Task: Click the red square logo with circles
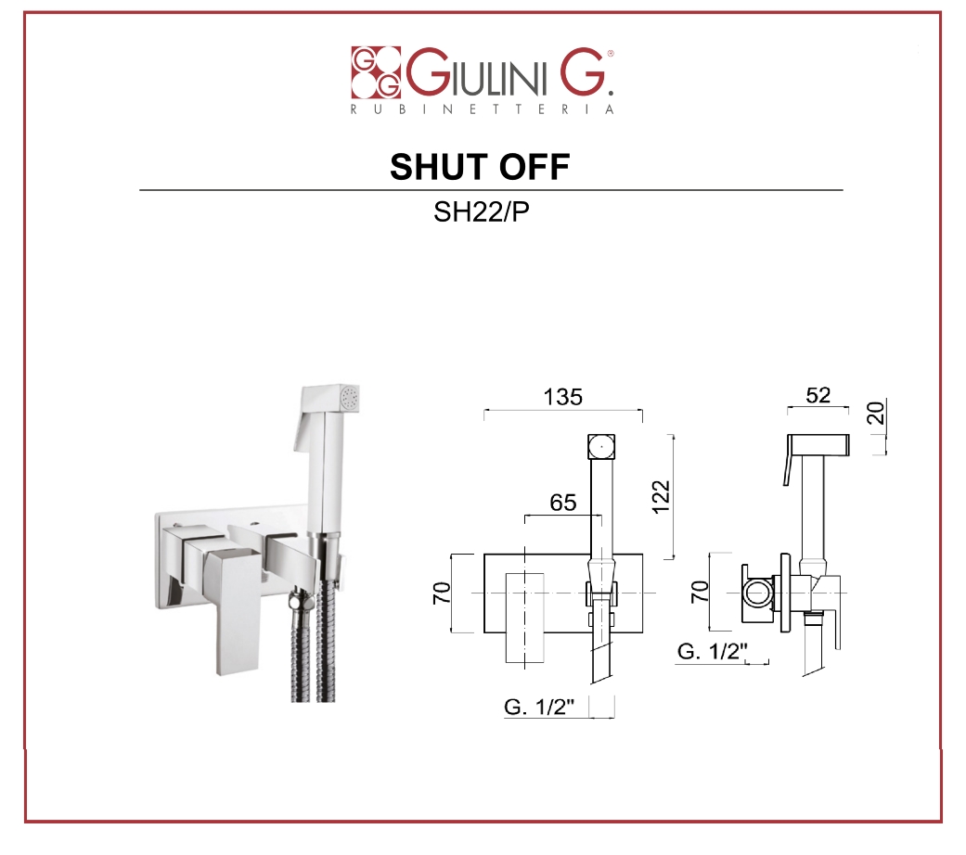[x=376, y=72]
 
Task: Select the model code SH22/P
[x=482, y=211]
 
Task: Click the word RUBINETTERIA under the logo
[x=483, y=109]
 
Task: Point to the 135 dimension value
[x=563, y=397]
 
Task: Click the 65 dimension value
[x=563, y=503]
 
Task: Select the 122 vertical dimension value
[x=660, y=497]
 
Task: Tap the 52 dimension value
[x=818, y=394]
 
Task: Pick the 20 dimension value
[x=875, y=412]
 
